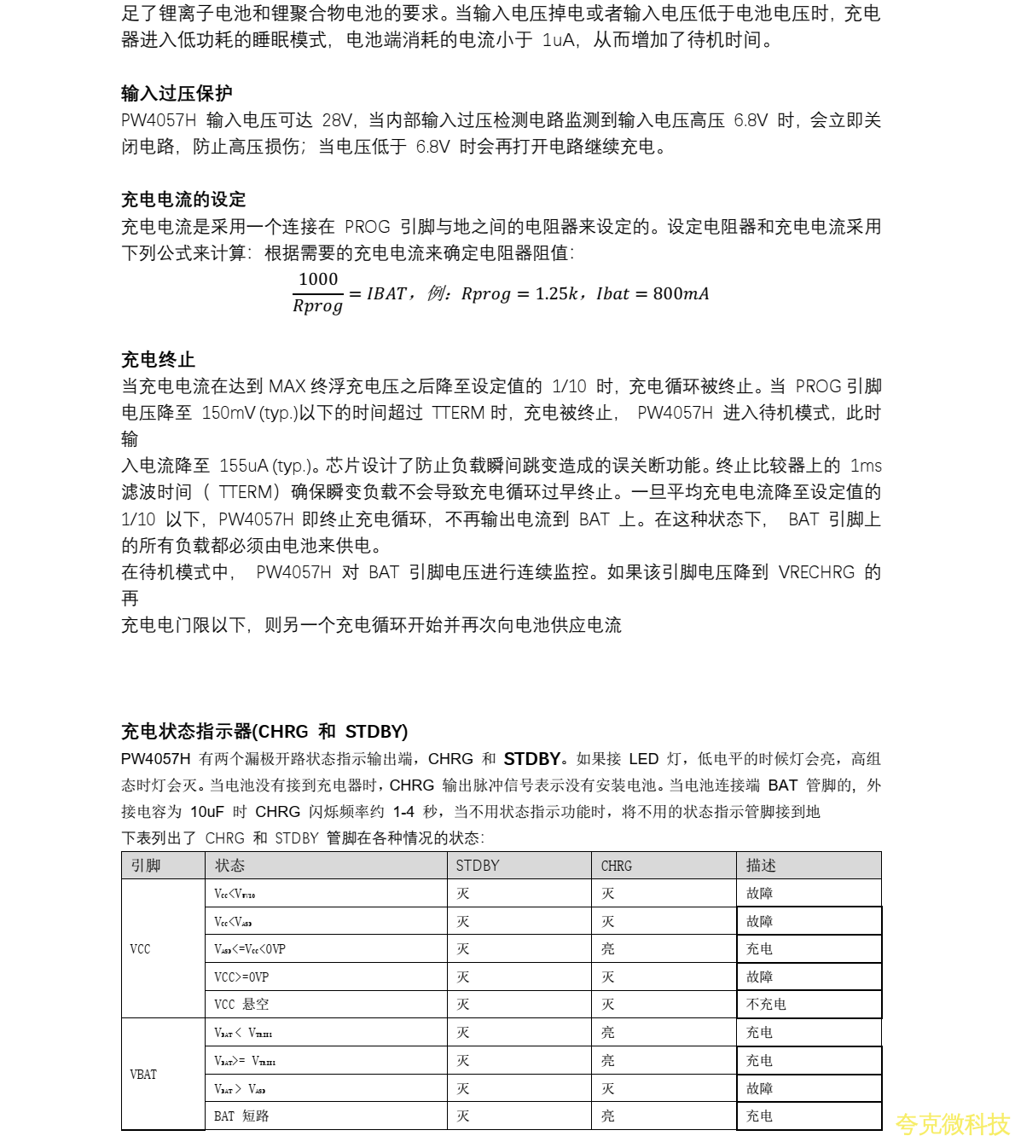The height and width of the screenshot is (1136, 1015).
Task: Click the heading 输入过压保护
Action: [177, 93]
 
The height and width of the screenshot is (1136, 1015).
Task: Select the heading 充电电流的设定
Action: [183, 200]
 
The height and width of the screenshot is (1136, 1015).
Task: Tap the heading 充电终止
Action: [158, 359]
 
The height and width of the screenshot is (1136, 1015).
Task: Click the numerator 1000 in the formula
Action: [318, 279]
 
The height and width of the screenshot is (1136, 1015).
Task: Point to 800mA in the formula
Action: [681, 293]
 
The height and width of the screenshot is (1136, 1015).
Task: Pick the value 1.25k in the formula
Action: [556, 293]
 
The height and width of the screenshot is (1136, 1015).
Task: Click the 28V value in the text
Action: [337, 120]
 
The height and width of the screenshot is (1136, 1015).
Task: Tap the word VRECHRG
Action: [815, 572]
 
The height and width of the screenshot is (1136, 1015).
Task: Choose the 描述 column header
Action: [761, 866]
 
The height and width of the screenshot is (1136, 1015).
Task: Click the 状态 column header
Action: [229, 866]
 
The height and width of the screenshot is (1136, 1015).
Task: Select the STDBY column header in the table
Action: [478, 866]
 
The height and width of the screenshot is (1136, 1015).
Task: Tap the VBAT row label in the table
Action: [143, 1075]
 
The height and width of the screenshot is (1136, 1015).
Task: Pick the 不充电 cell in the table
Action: [766, 1005]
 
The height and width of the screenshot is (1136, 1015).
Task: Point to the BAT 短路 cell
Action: [241, 1116]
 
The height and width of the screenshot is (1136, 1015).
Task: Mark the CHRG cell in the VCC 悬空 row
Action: [607, 1005]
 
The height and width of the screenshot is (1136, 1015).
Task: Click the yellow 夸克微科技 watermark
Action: [952, 1124]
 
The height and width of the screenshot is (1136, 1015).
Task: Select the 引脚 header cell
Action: [146, 866]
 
